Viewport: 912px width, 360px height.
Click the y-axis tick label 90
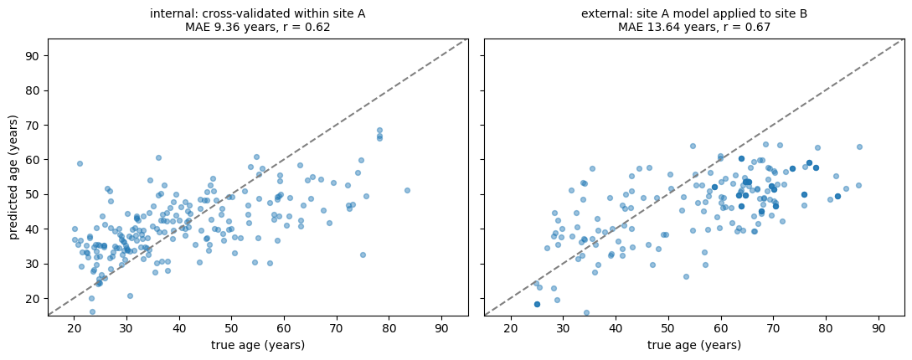(x=37, y=56)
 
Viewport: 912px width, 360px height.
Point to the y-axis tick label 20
(x=37, y=298)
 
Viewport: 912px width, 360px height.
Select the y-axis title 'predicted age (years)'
(x=14, y=177)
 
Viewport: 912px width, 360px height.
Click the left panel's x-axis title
(x=258, y=346)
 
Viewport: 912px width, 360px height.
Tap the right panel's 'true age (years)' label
(x=694, y=346)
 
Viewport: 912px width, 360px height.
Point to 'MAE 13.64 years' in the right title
(x=662, y=27)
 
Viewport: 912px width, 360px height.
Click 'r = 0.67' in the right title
(x=744, y=27)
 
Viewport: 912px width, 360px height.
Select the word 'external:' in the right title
(x=603, y=13)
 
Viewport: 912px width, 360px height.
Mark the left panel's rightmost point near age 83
(x=407, y=190)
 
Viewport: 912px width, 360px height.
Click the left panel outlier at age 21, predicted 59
(x=80, y=163)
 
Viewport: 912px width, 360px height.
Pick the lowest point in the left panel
(x=92, y=311)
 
